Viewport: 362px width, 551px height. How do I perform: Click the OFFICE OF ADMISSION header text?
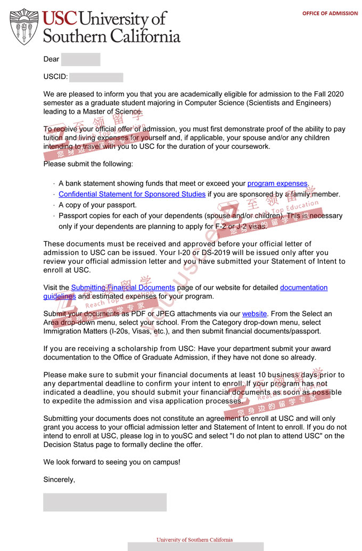tap(330, 13)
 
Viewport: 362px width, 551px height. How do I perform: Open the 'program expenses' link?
tap(277, 183)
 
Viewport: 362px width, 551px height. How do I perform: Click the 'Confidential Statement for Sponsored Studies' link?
tap(131, 194)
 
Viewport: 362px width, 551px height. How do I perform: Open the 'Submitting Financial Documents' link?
tap(122, 288)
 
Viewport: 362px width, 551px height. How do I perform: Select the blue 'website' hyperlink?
tap(254, 314)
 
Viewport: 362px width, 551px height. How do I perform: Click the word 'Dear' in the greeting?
tap(51, 59)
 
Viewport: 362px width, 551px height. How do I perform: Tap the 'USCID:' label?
tap(55, 77)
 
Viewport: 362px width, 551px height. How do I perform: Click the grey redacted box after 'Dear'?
tap(80, 59)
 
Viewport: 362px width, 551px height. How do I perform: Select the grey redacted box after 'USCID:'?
tap(96, 77)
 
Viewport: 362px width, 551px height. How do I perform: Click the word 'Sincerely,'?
tap(59, 480)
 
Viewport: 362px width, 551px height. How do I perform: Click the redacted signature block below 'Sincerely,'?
tap(104, 502)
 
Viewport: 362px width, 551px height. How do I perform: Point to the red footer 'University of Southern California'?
tap(194, 539)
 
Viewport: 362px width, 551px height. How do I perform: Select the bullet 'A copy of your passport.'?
tap(97, 205)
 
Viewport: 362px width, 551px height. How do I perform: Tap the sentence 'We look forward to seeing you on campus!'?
tap(112, 462)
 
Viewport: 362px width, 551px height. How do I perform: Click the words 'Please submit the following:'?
tap(88, 164)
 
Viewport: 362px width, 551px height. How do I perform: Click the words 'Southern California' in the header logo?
tap(112, 36)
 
